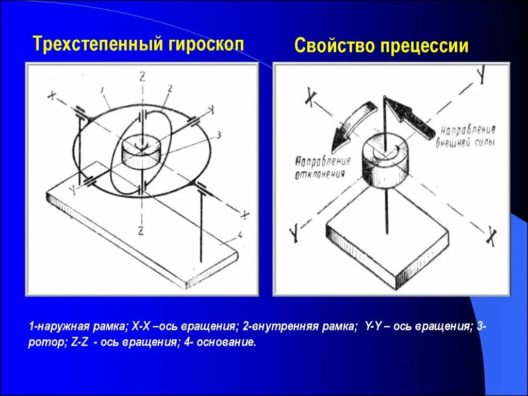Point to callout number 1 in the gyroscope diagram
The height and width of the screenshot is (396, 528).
[x=103, y=90]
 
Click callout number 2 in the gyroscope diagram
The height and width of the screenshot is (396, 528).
[x=169, y=88]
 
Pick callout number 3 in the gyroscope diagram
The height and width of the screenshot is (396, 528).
[x=218, y=135]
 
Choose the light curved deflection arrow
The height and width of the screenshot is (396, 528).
[x=351, y=124]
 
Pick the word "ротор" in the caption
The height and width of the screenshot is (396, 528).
[x=45, y=342]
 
